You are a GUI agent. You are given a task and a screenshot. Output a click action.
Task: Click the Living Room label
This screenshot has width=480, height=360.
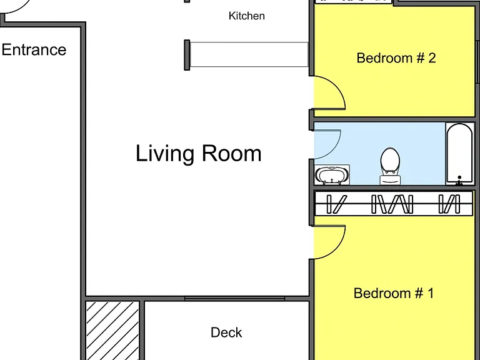(198, 153)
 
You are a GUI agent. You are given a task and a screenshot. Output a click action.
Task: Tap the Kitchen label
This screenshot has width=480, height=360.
(246, 16)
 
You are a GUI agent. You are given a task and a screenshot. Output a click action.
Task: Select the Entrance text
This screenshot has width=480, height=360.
(34, 49)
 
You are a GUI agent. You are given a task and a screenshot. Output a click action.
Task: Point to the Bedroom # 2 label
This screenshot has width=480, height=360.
(396, 58)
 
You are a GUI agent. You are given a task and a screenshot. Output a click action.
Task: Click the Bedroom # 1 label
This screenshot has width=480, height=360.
(394, 293)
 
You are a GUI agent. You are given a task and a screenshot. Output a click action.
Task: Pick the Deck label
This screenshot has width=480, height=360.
(226, 332)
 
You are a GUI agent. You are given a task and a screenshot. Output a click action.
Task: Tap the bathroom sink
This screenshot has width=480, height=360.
(332, 175)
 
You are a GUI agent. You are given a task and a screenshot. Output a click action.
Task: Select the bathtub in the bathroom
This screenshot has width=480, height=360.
(459, 154)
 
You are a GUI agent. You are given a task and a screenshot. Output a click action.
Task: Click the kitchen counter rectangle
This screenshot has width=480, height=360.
(249, 54)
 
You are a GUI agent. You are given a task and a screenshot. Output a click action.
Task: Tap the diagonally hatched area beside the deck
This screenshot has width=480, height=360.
(112, 331)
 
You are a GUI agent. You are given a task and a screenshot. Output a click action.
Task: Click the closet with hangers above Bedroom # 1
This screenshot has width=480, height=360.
(394, 204)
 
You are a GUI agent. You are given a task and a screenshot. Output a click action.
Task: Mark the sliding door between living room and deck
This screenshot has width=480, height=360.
(235, 298)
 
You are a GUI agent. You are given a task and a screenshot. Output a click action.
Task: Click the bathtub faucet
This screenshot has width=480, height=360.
(459, 181)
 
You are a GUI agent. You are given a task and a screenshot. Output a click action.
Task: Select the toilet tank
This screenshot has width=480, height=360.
(390, 180)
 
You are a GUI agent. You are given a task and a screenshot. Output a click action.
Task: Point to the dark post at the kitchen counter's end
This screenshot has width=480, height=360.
(187, 55)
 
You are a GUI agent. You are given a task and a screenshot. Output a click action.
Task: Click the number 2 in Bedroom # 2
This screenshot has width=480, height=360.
(432, 58)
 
